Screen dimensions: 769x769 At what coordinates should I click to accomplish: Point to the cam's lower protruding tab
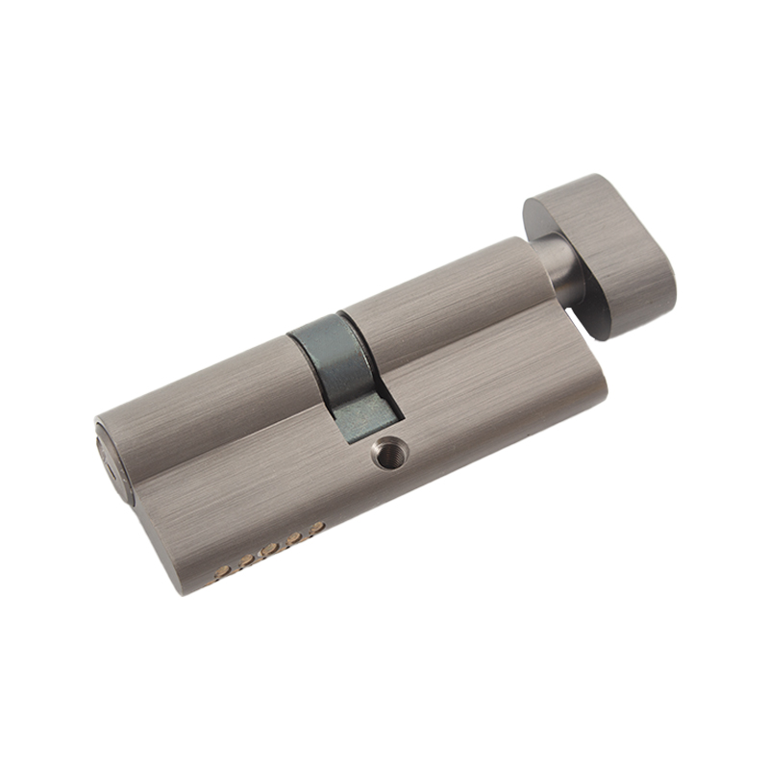370,413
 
